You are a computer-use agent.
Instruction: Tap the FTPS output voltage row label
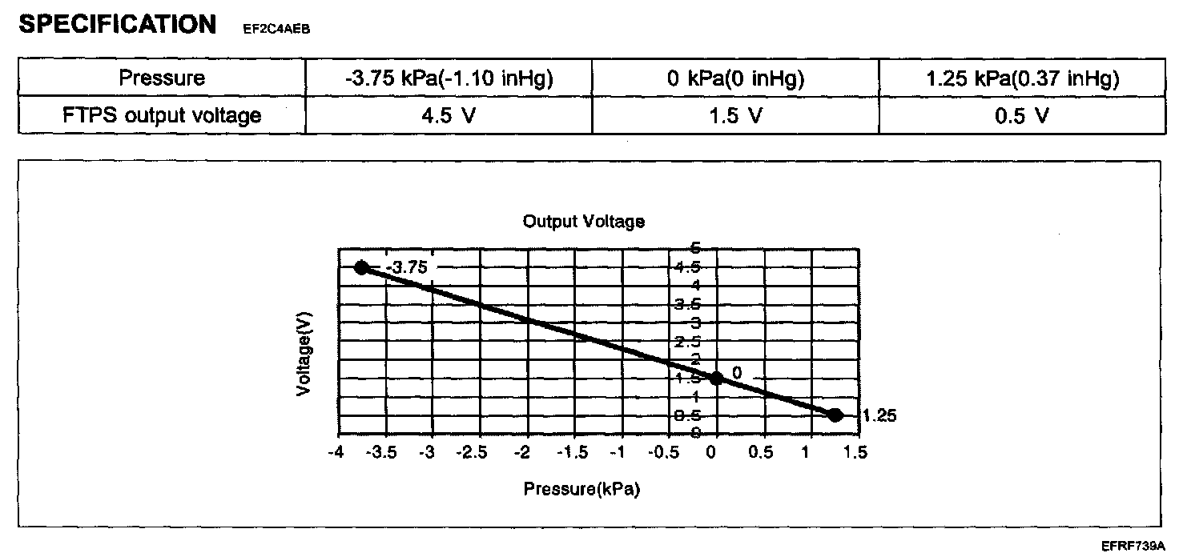tap(162, 116)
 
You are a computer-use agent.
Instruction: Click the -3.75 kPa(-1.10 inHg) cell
tap(448, 78)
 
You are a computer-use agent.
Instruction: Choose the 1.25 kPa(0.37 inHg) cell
tap(1022, 78)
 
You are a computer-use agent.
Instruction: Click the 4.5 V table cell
tap(448, 116)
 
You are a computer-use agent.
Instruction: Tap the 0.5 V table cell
tap(1022, 116)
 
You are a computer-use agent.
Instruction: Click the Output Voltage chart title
tap(583, 221)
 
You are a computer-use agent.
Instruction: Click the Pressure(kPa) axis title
tap(581, 489)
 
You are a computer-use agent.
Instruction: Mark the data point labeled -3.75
tap(362, 267)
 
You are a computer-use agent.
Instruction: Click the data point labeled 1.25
tap(835, 415)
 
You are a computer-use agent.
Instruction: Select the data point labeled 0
tap(717, 378)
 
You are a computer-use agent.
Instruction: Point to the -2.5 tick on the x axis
tap(476, 453)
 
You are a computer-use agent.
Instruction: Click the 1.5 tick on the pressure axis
tap(857, 453)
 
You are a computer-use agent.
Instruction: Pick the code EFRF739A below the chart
tap(1132, 546)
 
